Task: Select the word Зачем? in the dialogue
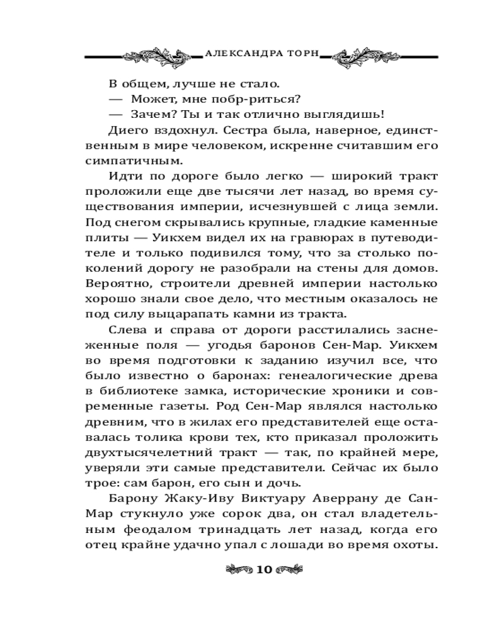[x=152, y=115]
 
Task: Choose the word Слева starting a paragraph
[x=127, y=331]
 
